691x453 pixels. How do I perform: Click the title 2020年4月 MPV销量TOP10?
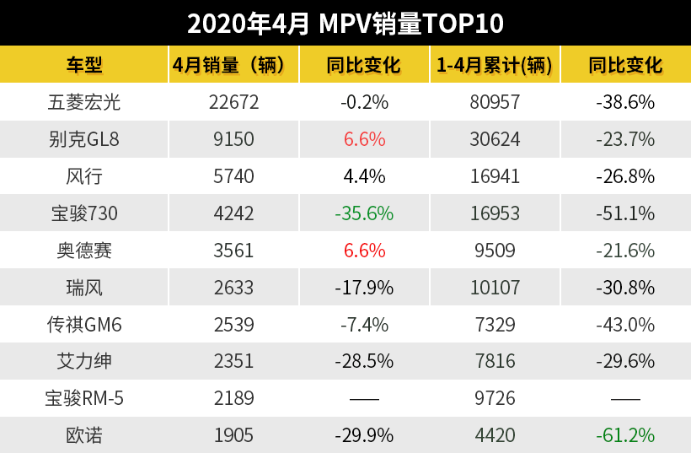[345, 23]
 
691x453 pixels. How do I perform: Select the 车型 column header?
[84, 65]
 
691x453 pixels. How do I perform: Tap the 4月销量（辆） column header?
[233, 65]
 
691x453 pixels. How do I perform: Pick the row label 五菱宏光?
[84, 103]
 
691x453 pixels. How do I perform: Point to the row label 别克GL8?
[84, 139]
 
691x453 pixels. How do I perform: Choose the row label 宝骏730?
[84, 213]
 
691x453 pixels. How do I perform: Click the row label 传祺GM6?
[84, 325]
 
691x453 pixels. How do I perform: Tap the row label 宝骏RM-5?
[84, 398]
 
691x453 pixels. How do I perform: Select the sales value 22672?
[233, 103]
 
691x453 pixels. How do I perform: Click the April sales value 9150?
[233, 139]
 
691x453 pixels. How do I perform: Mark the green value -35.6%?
[364, 213]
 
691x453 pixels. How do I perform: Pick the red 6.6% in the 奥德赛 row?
[364, 251]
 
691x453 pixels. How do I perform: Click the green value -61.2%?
[624, 435]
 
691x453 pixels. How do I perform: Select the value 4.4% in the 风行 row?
[364, 176]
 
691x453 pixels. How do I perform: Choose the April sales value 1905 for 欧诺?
[233, 435]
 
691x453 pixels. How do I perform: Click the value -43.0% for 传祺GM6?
[624, 325]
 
